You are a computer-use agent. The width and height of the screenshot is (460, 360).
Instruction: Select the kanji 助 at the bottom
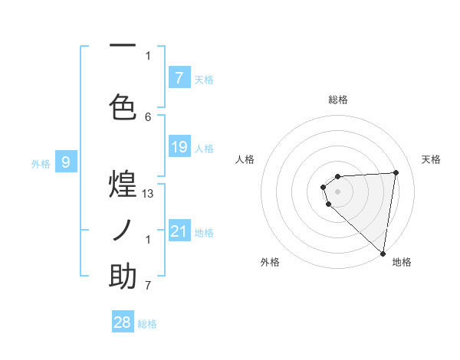pyautogui.click(x=123, y=277)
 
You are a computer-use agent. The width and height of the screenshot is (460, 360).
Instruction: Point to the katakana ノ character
pyautogui.click(x=123, y=231)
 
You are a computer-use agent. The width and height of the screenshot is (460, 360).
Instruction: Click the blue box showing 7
pyautogui.click(x=179, y=78)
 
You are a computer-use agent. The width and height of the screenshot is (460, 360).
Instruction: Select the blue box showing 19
pyautogui.click(x=179, y=147)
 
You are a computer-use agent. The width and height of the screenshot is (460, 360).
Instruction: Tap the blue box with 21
pyautogui.click(x=179, y=231)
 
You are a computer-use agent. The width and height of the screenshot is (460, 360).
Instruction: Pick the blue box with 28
pyautogui.click(x=123, y=322)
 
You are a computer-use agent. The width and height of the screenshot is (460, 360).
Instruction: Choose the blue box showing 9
pyautogui.click(x=66, y=162)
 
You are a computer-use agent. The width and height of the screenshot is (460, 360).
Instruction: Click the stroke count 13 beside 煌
pyautogui.click(x=148, y=194)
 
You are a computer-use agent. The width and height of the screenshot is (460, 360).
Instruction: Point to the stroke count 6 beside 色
pyautogui.click(x=148, y=116)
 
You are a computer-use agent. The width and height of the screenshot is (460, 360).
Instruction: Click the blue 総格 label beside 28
pyautogui.click(x=148, y=324)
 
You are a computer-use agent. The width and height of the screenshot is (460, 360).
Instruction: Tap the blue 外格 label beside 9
pyautogui.click(x=41, y=163)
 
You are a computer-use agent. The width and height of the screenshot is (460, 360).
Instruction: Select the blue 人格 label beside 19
pyautogui.click(x=204, y=148)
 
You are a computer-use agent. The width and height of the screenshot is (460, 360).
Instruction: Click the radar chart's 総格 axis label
pyautogui.click(x=338, y=100)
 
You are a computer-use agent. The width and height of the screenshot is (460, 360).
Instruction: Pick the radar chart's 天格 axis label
pyautogui.click(x=432, y=159)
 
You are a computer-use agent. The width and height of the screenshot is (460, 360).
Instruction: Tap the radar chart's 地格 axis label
pyautogui.click(x=402, y=262)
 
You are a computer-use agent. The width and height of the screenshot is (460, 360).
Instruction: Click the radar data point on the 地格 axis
pyautogui.click(x=383, y=253)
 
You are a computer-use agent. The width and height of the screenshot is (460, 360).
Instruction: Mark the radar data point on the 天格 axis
pyautogui.click(x=396, y=172)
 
